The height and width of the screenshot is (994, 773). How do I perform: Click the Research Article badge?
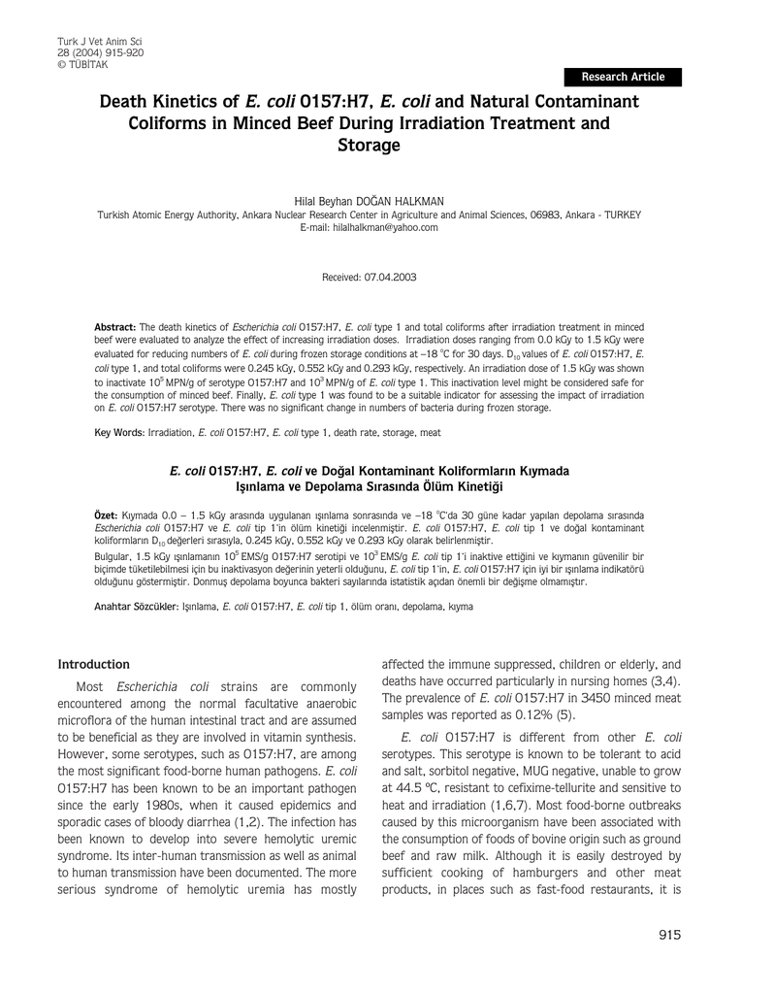click(623, 77)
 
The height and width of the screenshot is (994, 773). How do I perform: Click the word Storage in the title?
click(369, 146)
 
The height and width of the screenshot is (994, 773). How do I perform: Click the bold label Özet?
click(105, 513)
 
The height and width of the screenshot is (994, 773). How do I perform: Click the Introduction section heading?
click(93, 665)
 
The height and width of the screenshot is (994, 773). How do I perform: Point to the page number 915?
click(669, 935)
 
